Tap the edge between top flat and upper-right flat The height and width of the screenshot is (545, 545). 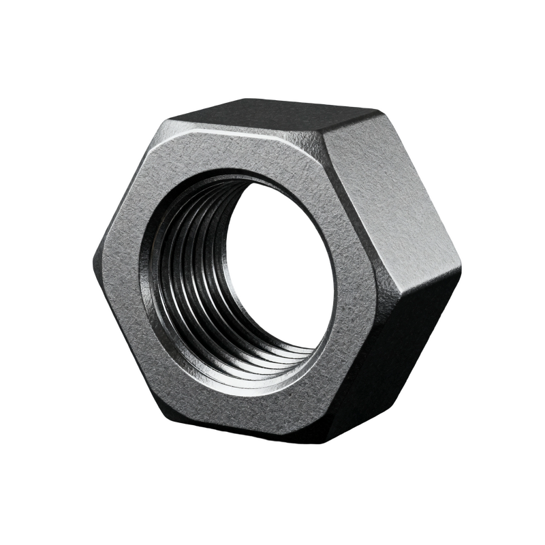(351, 123)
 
